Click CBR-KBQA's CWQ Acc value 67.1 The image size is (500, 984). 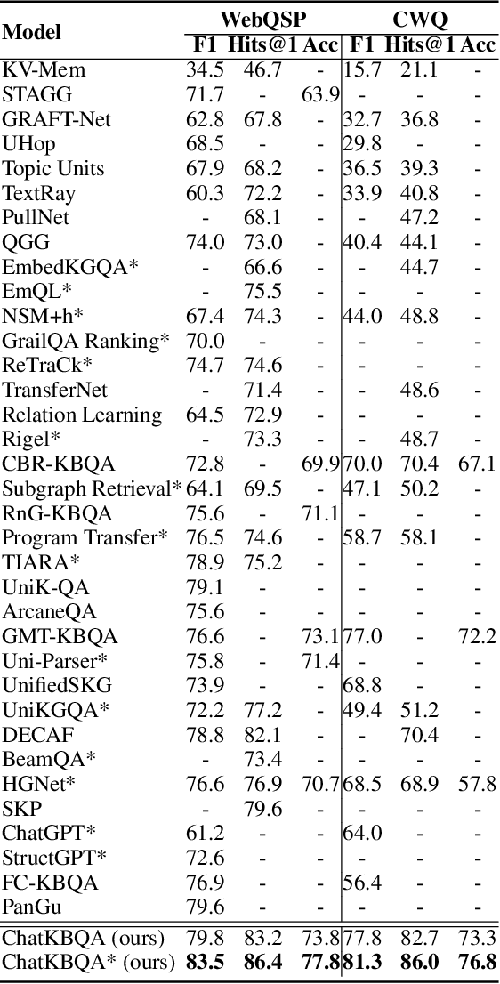[476, 464]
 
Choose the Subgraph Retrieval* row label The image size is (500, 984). [92, 488]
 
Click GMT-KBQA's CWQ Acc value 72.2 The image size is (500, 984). [476, 635]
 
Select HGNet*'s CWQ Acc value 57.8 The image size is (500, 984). [476, 784]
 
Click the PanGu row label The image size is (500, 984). [30, 907]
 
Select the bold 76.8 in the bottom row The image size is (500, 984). [476, 961]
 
